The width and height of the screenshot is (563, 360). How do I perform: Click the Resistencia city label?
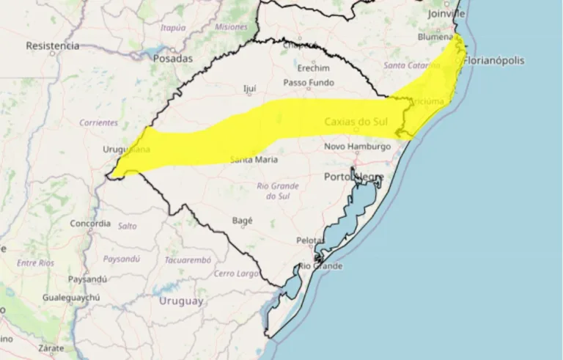coord(52,45)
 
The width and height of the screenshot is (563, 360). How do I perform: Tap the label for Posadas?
coord(174,58)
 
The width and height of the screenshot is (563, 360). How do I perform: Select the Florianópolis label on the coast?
coord(495,61)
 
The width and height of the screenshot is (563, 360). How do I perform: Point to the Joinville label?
coord(448,13)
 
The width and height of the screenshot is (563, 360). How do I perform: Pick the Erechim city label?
coord(314,67)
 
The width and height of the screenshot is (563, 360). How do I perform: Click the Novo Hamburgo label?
coord(358,147)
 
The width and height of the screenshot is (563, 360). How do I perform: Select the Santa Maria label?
coord(254,159)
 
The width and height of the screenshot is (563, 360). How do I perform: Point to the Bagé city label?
coord(242,220)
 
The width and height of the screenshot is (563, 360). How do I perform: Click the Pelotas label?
coord(311,240)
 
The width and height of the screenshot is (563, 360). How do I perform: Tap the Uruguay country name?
coord(181,301)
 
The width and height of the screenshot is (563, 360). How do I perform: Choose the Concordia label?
coord(90,223)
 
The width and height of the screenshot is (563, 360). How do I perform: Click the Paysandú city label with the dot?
coord(87,279)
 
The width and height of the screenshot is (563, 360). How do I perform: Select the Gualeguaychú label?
coord(76,298)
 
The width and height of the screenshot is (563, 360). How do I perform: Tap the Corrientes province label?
coord(98,122)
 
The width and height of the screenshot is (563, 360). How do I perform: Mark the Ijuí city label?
coord(249,89)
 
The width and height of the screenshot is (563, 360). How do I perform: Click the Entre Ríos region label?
coord(36,262)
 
